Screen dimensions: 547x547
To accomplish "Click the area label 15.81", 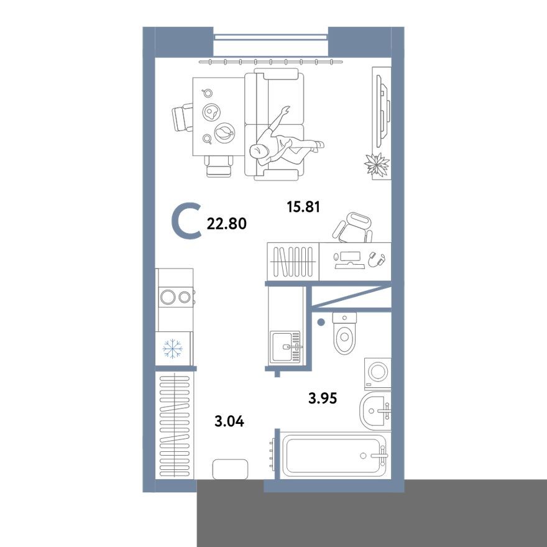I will tap(303, 207).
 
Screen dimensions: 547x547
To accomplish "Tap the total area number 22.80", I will tap(226, 224).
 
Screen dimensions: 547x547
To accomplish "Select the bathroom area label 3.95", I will tap(323, 398).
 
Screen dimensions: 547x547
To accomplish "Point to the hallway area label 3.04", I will tap(229, 421).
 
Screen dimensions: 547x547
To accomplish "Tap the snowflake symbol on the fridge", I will tap(172, 350).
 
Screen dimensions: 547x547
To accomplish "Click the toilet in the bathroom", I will tap(343, 334).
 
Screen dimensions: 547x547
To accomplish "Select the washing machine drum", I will tap(377, 372).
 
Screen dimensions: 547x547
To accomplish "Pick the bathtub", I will tap(334, 456).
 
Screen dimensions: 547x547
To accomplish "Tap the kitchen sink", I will tap(285, 344).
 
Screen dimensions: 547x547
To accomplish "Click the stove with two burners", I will tap(175, 296).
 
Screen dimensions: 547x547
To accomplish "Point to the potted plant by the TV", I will tap(377, 165).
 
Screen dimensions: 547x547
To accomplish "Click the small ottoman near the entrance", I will tap(230, 469).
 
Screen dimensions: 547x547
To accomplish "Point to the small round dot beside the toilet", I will tap(321, 322).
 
